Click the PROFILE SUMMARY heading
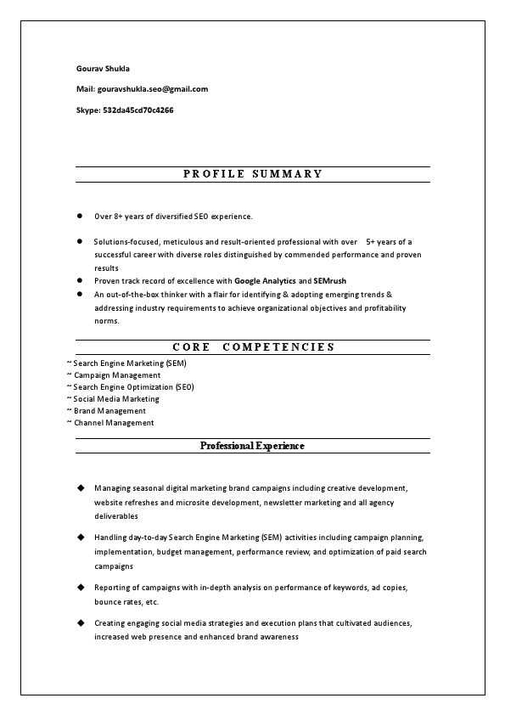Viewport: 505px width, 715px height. pyautogui.click(x=253, y=174)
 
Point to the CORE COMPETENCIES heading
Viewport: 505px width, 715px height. pyautogui.click(x=253, y=346)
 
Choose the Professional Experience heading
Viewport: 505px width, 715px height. pyautogui.click(x=252, y=446)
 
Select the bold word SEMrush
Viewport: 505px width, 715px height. pyautogui.click(x=329, y=280)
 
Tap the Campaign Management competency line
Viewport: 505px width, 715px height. pyautogui.click(x=116, y=375)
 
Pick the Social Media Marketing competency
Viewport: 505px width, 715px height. pyautogui.click(x=115, y=399)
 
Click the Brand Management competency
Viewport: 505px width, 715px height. pyautogui.click(x=109, y=411)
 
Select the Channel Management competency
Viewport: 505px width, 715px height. pyautogui.click(x=114, y=423)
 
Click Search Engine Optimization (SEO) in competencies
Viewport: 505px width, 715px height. pyautogui.click(x=133, y=387)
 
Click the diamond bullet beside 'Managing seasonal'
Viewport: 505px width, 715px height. pyautogui.click(x=81, y=488)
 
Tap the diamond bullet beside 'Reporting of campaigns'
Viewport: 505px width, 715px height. pyautogui.click(x=81, y=587)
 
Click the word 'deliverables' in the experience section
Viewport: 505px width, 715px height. pyautogui.click(x=116, y=516)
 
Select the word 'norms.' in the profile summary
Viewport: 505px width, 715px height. pyautogui.click(x=107, y=321)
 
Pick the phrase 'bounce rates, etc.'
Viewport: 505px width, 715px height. pyautogui.click(x=126, y=602)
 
